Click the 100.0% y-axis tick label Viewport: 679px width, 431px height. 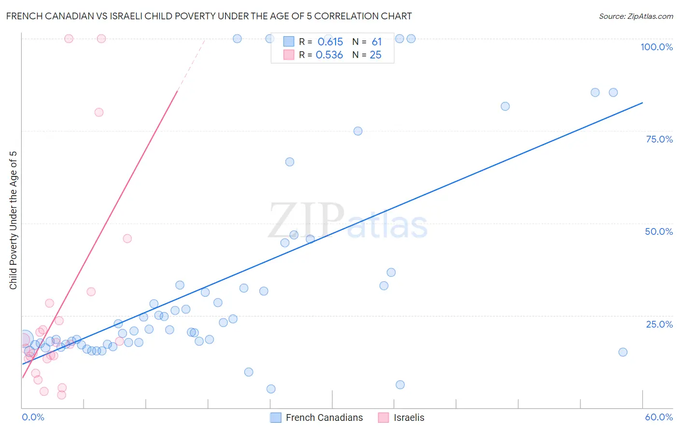coord(656,47)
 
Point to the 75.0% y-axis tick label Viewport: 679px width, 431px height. coord(659,139)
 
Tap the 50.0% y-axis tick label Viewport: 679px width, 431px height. coord(659,231)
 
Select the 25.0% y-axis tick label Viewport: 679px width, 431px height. coord(659,324)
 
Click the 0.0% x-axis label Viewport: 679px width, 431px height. coord(33,417)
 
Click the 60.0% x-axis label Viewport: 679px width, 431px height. coord(659,417)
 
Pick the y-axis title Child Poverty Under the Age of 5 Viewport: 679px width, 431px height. coord(13,220)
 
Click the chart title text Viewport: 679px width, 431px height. coord(209,16)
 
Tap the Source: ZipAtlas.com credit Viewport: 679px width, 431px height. coord(636,16)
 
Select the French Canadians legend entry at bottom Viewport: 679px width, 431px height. coord(324,417)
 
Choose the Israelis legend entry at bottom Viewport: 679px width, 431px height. coord(409,417)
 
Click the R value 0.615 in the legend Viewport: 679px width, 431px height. coord(330,42)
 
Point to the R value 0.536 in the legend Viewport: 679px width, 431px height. coord(329,55)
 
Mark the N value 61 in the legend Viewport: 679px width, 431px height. coord(377,42)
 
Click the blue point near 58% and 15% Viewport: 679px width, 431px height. coord(623,352)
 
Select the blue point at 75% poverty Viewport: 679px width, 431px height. coord(358,131)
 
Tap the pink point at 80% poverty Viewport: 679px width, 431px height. coord(99,113)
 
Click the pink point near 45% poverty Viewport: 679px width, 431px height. coord(127,239)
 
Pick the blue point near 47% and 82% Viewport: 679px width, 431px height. coord(505,106)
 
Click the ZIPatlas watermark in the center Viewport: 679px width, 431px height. coord(348,221)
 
